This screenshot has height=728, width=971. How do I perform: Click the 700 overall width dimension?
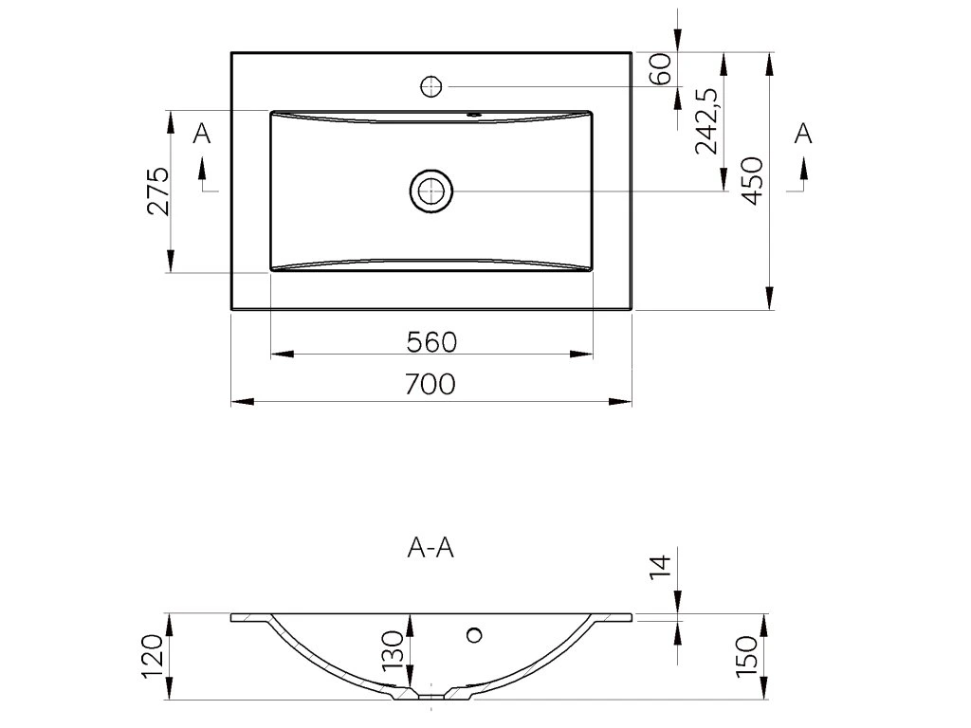click(431, 384)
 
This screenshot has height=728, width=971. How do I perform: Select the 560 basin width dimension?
click(431, 340)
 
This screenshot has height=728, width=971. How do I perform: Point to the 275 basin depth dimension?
click(158, 191)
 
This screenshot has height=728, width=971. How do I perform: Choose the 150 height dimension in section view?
click(747, 657)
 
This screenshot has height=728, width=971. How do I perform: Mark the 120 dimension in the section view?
click(156, 656)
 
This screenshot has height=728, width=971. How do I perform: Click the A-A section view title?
click(430, 548)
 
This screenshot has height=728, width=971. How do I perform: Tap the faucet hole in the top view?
click(431, 86)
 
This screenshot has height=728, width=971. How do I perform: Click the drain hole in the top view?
click(431, 191)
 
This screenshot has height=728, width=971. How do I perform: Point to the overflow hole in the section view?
click(475, 633)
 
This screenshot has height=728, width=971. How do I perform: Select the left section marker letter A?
click(201, 134)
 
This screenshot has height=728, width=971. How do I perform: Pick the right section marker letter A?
click(802, 134)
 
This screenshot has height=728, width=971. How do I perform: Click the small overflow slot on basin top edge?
click(474, 116)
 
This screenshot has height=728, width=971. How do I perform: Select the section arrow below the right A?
click(803, 172)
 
